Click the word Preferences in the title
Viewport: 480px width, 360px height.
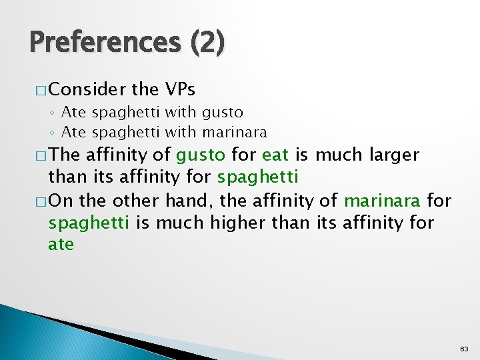tap(104, 43)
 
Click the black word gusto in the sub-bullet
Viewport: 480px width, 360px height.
tap(222, 112)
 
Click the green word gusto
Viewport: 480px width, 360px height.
tap(201, 155)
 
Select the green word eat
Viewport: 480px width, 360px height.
tap(275, 155)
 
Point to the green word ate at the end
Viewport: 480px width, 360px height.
tap(61, 245)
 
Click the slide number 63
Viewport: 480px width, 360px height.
tap(464, 349)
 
